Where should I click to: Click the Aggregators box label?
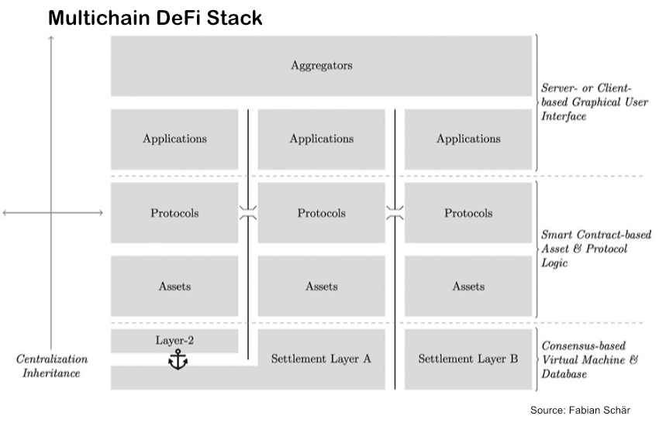pos(321,66)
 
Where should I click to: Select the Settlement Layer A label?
pos(321,359)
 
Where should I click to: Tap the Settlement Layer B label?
pos(468,359)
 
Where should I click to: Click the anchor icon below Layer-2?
pos(179,359)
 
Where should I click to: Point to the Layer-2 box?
pos(174,340)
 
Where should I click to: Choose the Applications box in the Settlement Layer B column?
pos(468,139)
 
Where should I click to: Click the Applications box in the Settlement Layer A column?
pos(321,139)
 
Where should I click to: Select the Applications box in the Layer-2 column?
pos(174,139)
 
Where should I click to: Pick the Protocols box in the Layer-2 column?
pos(174,213)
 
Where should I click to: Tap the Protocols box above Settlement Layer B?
pos(468,213)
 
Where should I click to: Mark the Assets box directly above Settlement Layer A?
pos(321,286)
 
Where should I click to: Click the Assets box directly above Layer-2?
pos(174,286)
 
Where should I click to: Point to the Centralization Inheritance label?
pos(52,366)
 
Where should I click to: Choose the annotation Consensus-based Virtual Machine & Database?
pos(587,359)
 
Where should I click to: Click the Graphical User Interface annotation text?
pos(586,102)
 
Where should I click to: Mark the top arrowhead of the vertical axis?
pos(52,39)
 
